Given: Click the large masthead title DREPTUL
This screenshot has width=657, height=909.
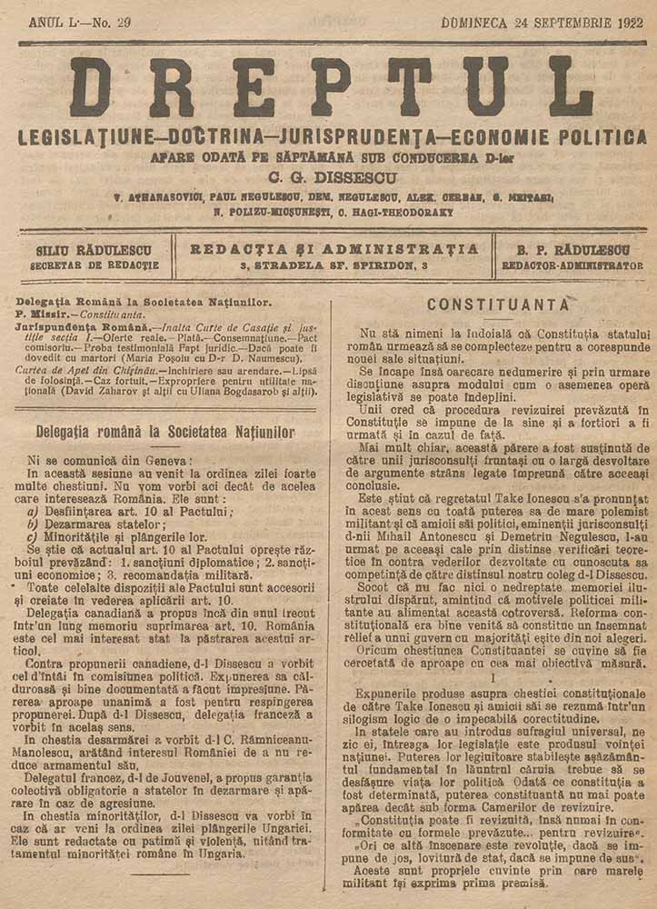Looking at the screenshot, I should [329, 87].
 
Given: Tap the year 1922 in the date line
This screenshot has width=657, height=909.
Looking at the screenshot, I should [627, 22].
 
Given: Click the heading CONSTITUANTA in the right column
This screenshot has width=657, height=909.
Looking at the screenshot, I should [492, 304].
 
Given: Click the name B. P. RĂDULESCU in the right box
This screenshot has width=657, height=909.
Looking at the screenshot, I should [572, 250].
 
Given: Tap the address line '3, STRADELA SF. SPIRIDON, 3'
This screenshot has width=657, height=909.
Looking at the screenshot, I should [333, 265].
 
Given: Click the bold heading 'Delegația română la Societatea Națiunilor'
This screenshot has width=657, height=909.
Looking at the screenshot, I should [165, 433].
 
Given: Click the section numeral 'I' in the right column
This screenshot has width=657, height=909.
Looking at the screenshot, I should [491, 677].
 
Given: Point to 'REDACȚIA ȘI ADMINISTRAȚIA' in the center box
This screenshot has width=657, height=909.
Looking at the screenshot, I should [333, 248].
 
